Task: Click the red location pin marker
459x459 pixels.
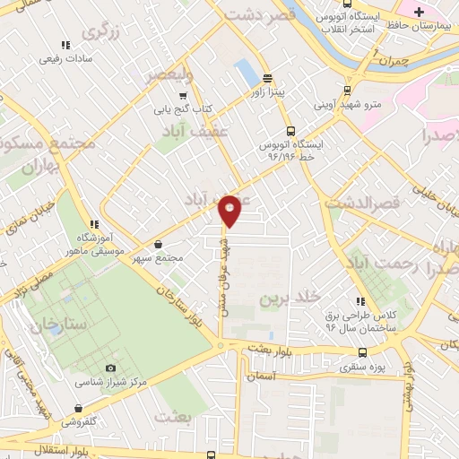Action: [x=230, y=210]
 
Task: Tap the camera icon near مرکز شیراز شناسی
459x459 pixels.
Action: [x=110, y=368]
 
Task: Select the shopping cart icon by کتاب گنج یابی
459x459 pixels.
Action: [x=183, y=96]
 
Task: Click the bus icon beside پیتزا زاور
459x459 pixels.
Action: [x=266, y=79]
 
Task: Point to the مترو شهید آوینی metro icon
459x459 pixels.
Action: [x=347, y=91]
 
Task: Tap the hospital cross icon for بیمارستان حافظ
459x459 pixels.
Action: [x=419, y=11]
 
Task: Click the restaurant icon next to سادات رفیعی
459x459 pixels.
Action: [x=65, y=45]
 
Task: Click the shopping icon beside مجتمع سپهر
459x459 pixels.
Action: [x=158, y=244]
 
